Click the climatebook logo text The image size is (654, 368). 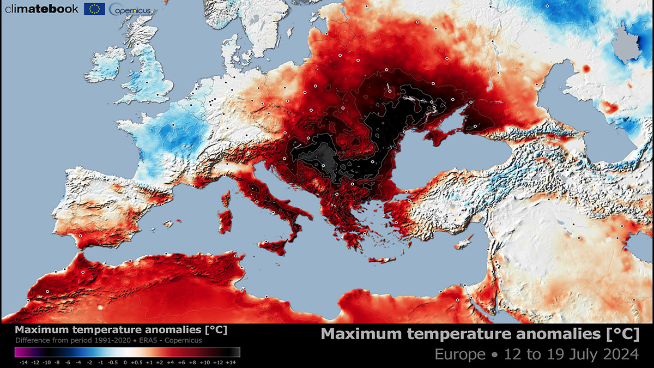tap(41, 9)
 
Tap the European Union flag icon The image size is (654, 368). tap(94, 9)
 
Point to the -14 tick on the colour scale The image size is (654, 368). tap(23, 362)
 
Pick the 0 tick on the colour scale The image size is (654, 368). tap(125, 362)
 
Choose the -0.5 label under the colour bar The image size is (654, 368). tap(113, 362)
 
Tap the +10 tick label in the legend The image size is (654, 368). tap(204, 362)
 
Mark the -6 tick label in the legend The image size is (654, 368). tap(68, 362)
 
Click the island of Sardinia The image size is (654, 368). tap(225, 222)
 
